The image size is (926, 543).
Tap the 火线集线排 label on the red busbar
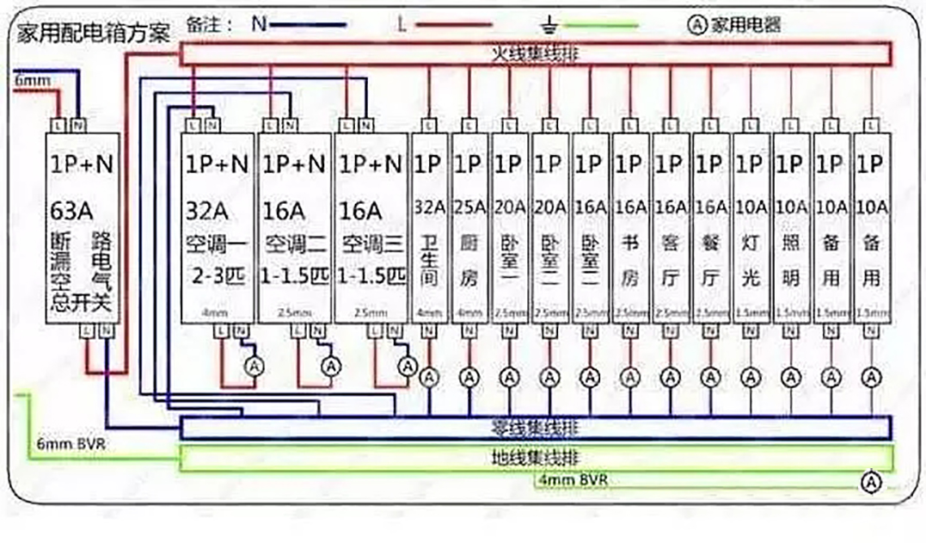click(535, 54)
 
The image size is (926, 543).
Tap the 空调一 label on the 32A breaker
click(218, 244)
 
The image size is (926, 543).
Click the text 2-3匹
click(218, 276)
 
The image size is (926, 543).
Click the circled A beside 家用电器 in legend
click(697, 25)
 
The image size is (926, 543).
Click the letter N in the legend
click(259, 24)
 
